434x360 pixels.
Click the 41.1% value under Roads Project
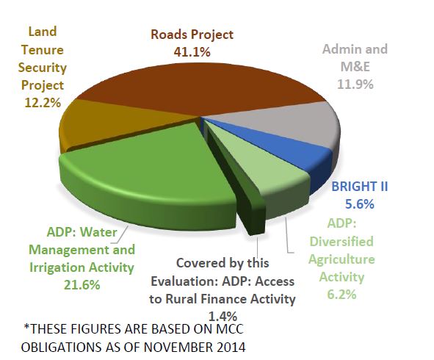click(x=192, y=52)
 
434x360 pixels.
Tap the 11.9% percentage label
click(x=355, y=84)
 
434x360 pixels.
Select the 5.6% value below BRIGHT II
click(x=360, y=204)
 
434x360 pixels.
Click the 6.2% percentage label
click(x=341, y=295)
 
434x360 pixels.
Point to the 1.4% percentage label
click(x=223, y=316)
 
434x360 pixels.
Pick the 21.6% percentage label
click(x=82, y=285)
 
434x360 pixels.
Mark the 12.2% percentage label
click(x=43, y=103)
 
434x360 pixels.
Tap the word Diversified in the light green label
click(x=341, y=242)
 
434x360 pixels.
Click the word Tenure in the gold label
click(x=43, y=50)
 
